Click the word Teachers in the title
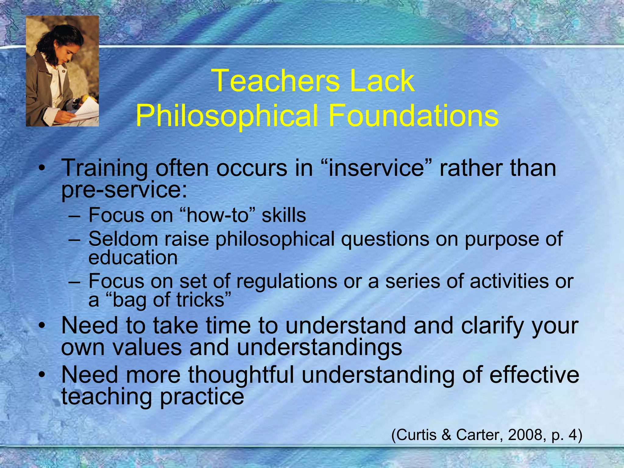(x=277, y=81)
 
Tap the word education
(x=133, y=258)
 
